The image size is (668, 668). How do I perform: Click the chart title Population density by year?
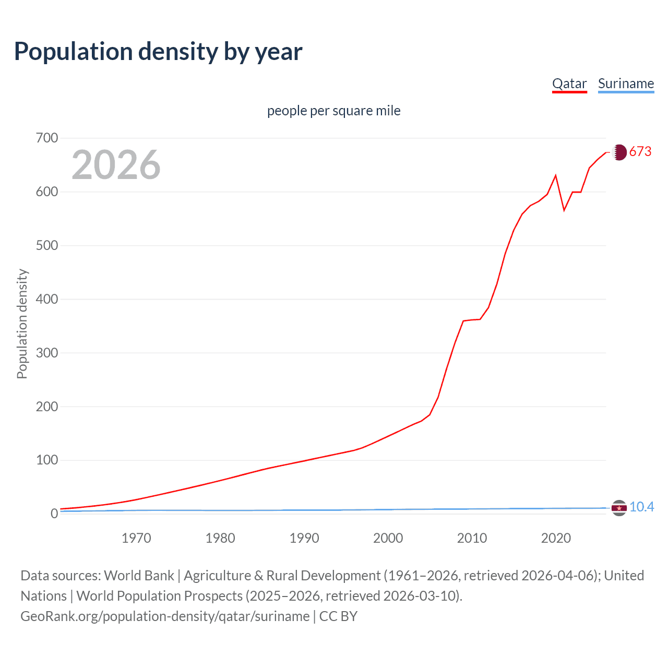pyautogui.click(x=158, y=52)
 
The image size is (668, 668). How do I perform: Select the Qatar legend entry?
pyautogui.click(x=569, y=83)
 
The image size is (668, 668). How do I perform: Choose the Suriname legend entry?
pyautogui.click(x=626, y=83)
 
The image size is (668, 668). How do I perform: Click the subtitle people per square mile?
pyautogui.click(x=333, y=111)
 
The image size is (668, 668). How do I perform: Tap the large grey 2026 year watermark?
pyautogui.click(x=116, y=165)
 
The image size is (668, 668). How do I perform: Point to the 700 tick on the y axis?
pyautogui.click(x=47, y=138)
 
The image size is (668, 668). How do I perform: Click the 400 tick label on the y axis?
pyautogui.click(x=47, y=299)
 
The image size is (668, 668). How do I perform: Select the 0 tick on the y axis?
pyautogui.click(x=54, y=514)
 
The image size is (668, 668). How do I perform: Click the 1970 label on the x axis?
pyautogui.click(x=136, y=538)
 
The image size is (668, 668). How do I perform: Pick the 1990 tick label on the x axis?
pyautogui.click(x=304, y=538)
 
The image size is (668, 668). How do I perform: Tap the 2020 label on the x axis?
pyautogui.click(x=556, y=538)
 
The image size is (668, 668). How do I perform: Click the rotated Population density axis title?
pyautogui.click(x=22, y=324)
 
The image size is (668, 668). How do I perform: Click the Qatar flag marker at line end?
pyautogui.click(x=619, y=152)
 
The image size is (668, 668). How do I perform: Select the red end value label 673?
pyautogui.click(x=640, y=151)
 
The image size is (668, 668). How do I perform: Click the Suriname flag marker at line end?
pyautogui.click(x=619, y=508)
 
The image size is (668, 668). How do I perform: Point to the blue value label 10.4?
pyautogui.click(x=641, y=507)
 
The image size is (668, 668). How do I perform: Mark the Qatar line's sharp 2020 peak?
pyautogui.click(x=556, y=176)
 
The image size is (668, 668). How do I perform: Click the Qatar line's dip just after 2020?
pyautogui.click(x=564, y=210)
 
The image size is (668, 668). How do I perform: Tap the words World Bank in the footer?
pyautogui.click(x=139, y=575)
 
